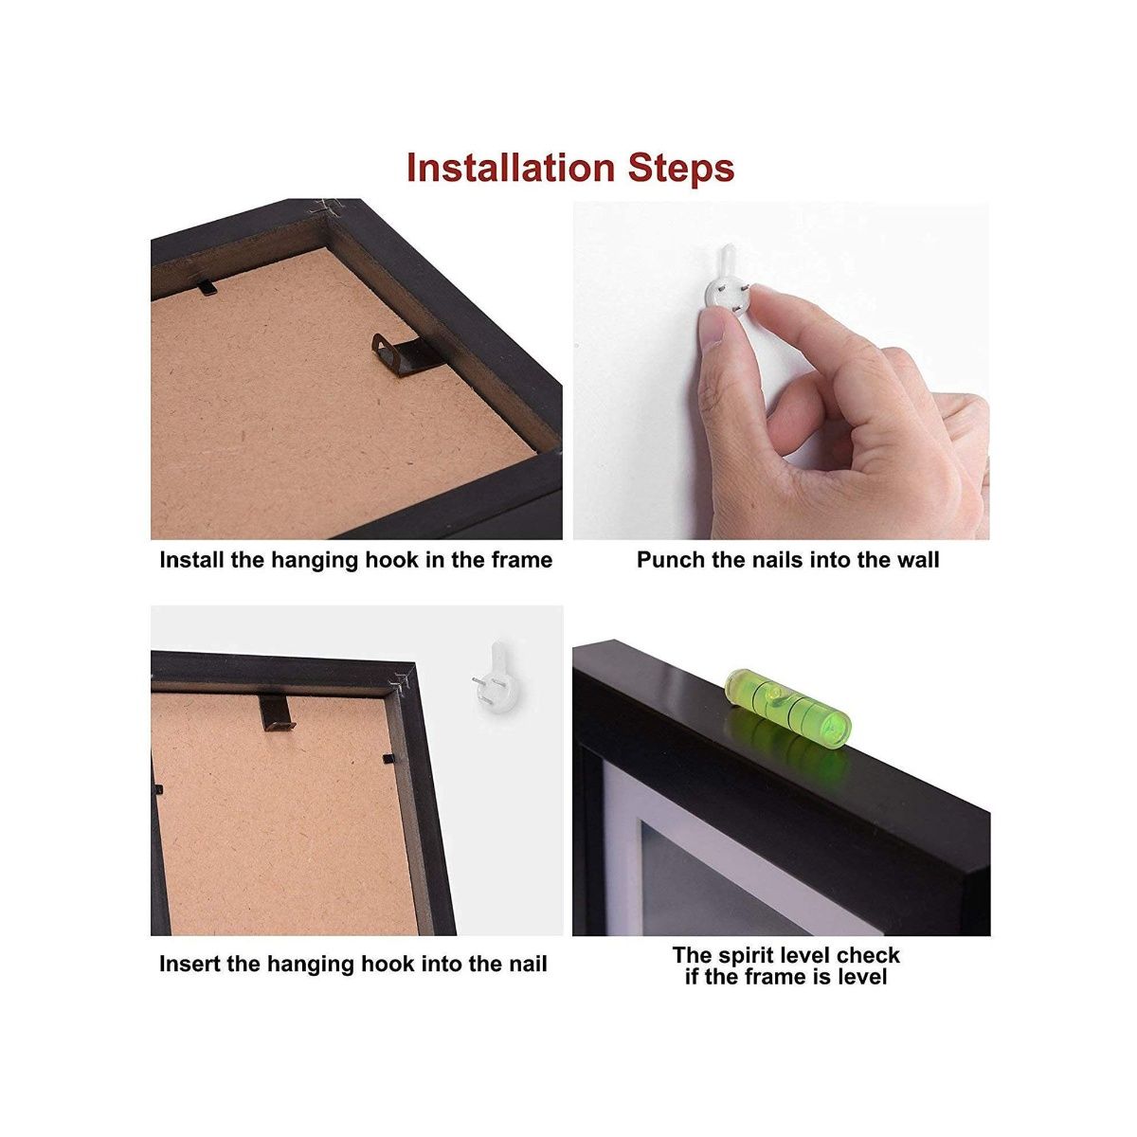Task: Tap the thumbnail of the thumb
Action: tap(716, 332)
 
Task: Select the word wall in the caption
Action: tap(917, 560)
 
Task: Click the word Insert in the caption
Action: tap(192, 965)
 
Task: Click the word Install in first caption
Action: tap(192, 560)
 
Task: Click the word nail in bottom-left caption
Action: tap(527, 965)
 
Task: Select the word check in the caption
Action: tap(868, 955)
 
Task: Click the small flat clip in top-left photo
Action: tap(203, 283)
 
